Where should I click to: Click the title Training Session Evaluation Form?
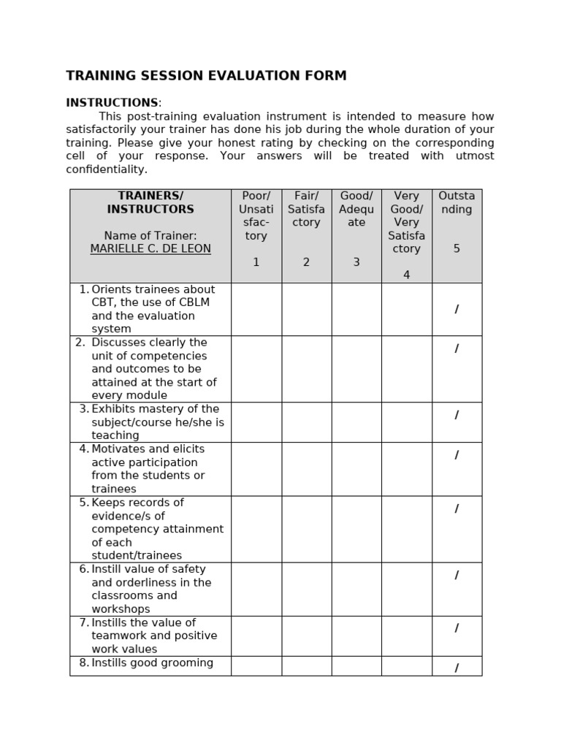point(206,76)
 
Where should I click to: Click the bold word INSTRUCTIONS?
point(112,103)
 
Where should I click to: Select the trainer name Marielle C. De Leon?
point(150,249)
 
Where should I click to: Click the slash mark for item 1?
point(457,310)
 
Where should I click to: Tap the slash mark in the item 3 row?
point(457,416)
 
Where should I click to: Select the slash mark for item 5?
point(457,509)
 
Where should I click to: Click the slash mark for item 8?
point(457,668)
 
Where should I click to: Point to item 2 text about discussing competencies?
point(153,369)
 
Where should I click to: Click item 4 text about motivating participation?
point(148,469)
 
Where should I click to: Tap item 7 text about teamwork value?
point(153,636)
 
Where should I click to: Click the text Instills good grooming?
point(152,663)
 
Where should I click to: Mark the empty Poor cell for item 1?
point(256,309)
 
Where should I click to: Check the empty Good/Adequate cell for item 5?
point(356,529)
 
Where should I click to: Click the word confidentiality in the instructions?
point(107,169)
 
